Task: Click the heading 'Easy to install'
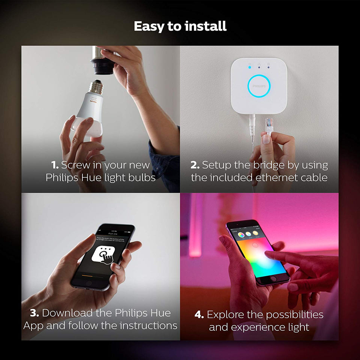coord(180,26)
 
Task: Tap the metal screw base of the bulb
coord(96,87)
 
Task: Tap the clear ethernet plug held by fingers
coord(269,126)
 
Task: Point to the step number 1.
coord(55,165)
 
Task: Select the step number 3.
coord(35,313)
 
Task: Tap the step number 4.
coord(199,314)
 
